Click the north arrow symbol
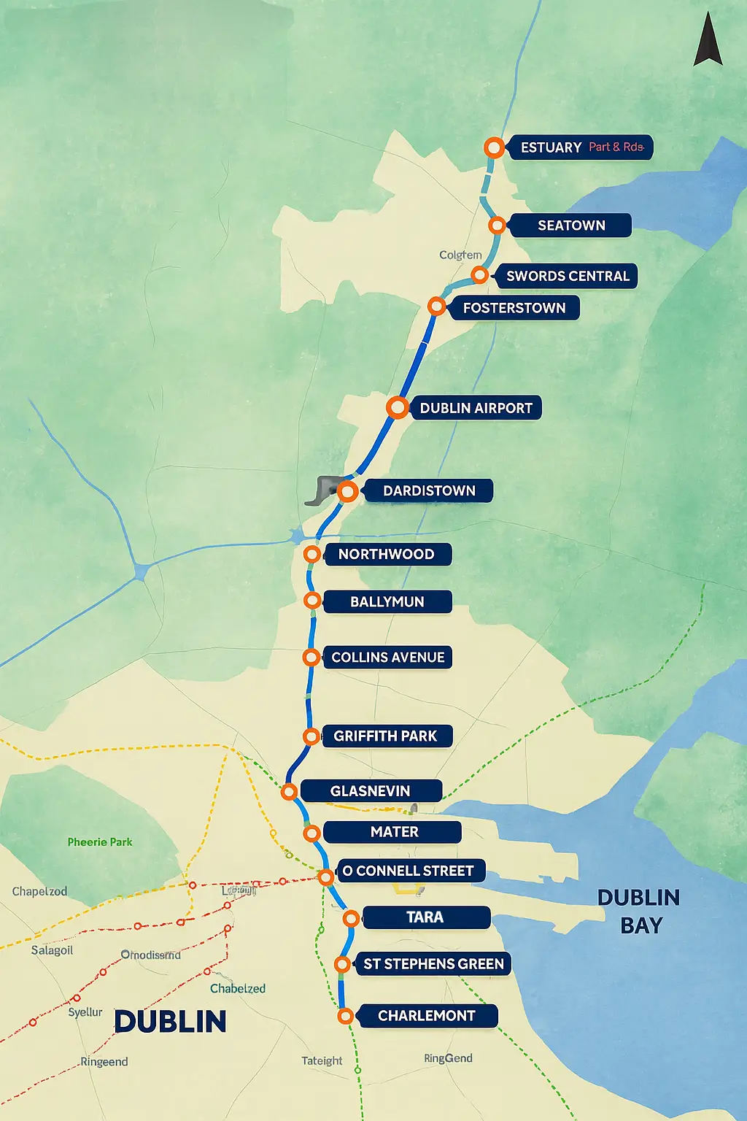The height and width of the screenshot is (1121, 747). tap(707, 40)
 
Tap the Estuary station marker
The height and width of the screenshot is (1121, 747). tap(494, 147)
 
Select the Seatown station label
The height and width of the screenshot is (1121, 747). tap(571, 226)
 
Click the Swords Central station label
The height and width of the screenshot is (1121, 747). tap(568, 276)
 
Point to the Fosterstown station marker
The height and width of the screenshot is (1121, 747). tap(436, 307)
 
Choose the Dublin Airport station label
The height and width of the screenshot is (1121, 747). tap(476, 408)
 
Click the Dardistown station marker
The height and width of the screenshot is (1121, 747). tap(348, 491)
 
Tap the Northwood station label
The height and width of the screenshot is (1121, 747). tap(386, 554)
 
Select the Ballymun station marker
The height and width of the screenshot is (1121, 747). tap(312, 601)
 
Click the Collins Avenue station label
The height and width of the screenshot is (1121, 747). tap(387, 658)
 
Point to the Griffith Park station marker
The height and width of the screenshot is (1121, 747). tap(311, 736)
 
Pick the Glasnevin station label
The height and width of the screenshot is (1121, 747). tap(370, 791)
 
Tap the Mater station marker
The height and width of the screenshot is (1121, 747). tap(311, 833)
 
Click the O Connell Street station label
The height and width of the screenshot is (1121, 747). tap(408, 871)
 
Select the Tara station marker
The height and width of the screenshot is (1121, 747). tap(351, 918)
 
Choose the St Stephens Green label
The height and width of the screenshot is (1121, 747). tap(433, 964)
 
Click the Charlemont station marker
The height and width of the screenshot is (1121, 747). tap(346, 1016)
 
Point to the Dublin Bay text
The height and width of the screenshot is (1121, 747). tap(639, 911)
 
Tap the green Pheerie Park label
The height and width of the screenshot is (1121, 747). tap(100, 842)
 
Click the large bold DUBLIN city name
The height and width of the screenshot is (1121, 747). tap(170, 1022)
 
